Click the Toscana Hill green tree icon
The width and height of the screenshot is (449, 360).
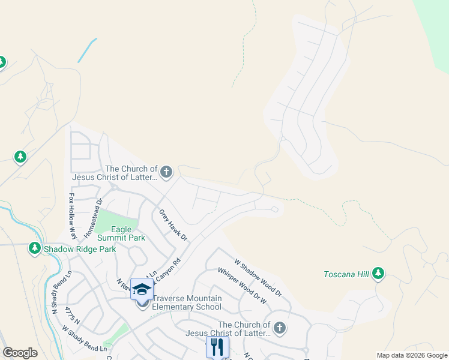click(378, 274)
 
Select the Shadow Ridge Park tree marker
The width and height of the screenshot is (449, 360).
click(35, 248)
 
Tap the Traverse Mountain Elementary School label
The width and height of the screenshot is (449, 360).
click(187, 303)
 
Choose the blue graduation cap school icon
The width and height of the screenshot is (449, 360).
click(142, 290)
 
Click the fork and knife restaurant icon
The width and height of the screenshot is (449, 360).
click(217, 347)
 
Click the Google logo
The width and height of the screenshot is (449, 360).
click(20, 353)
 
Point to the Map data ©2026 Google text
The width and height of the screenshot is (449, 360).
click(412, 355)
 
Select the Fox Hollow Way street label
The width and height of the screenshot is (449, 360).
click(72, 213)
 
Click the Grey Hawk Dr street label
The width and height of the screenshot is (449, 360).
click(173, 225)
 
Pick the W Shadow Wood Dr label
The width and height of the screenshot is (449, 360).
click(258, 278)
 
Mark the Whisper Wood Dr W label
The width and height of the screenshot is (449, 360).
click(242, 283)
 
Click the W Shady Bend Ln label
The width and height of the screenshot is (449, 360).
click(84, 339)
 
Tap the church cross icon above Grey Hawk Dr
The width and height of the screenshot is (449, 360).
click(166, 173)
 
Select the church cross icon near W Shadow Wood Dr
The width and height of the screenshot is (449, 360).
click(279, 328)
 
